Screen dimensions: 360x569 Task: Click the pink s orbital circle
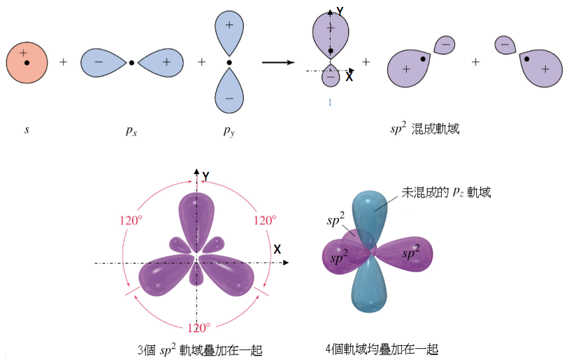pos(27,62)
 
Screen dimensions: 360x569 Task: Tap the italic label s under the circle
pos(27,129)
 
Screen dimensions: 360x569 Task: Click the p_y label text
pos(229,129)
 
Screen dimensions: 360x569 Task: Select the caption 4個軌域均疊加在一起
pos(385,349)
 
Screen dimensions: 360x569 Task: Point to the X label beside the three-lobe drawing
pos(278,250)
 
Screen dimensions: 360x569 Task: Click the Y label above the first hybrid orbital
pos(339,11)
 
